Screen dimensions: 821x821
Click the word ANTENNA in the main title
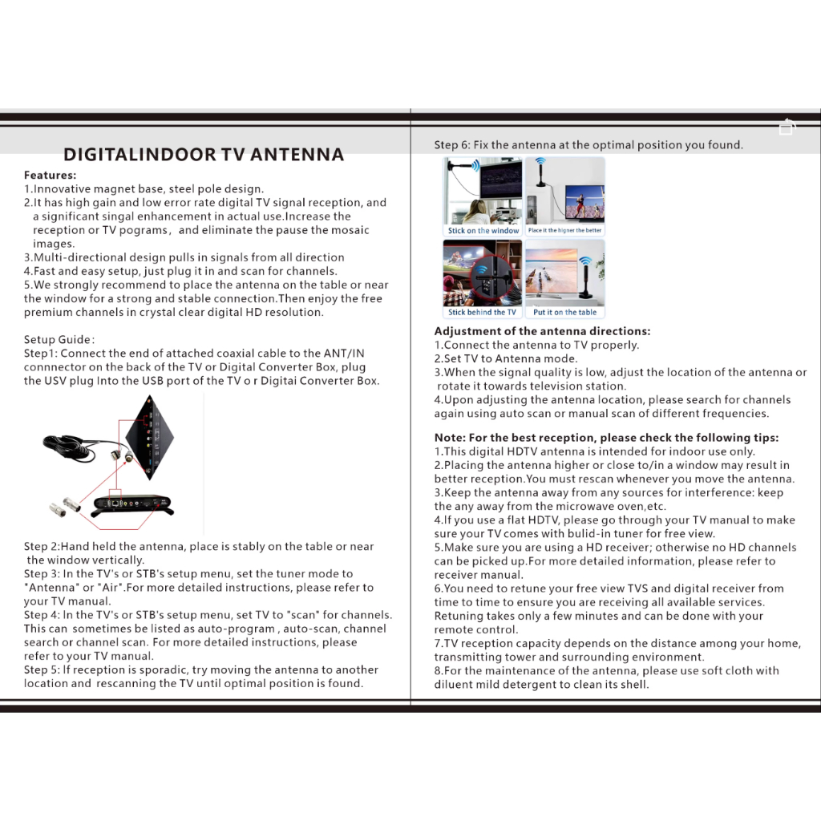coord(297,155)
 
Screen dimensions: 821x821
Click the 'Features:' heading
coord(51,175)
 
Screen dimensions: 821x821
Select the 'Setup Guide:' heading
coord(59,339)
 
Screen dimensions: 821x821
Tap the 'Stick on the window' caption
coord(483,230)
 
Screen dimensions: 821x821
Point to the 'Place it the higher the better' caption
coord(565,230)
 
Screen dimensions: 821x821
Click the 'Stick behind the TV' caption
coord(482,312)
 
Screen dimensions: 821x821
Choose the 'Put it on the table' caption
coord(565,312)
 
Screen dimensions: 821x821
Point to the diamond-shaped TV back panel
coord(150,437)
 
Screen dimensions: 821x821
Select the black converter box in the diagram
coord(132,505)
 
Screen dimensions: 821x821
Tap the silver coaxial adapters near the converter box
coord(65,507)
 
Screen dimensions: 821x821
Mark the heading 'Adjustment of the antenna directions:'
coord(543,331)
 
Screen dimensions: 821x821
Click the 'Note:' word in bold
coord(450,438)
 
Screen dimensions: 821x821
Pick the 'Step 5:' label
coord(42,669)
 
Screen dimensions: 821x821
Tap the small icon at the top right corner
coord(787,127)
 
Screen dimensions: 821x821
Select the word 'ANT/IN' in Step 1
coord(344,354)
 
